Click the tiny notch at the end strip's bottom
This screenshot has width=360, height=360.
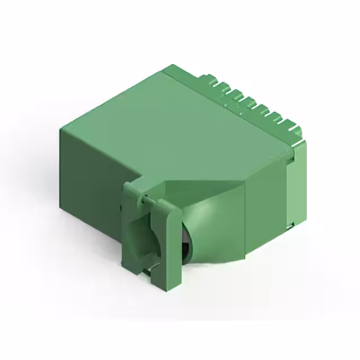point(292,225)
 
